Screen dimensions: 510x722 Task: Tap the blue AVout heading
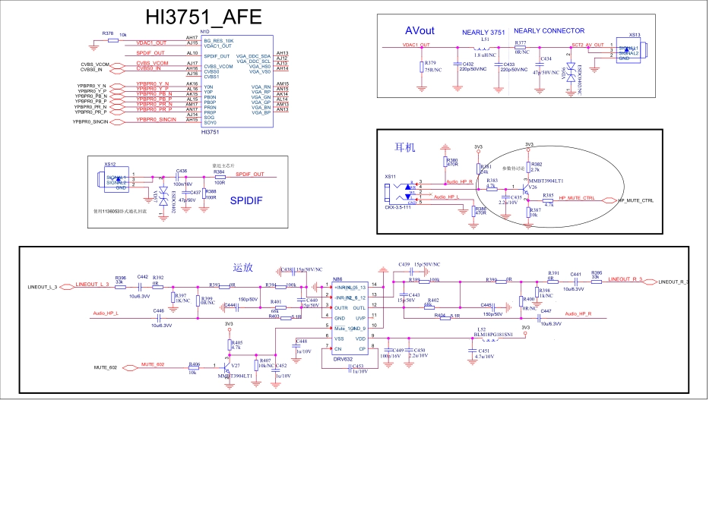[x=420, y=30]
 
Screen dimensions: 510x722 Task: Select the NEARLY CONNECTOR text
[x=549, y=31]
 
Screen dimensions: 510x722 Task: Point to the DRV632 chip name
[x=344, y=358]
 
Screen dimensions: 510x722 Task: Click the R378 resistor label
[x=107, y=33]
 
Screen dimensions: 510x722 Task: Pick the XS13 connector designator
[x=635, y=35]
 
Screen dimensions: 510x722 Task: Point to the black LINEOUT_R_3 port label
[x=673, y=282]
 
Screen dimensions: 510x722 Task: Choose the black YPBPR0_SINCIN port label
[x=91, y=121]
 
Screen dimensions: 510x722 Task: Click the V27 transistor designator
[x=235, y=366]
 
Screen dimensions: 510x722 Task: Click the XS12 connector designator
[x=110, y=163]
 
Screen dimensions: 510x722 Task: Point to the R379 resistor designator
[x=430, y=62]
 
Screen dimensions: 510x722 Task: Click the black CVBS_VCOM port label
[x=95, y=64]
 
